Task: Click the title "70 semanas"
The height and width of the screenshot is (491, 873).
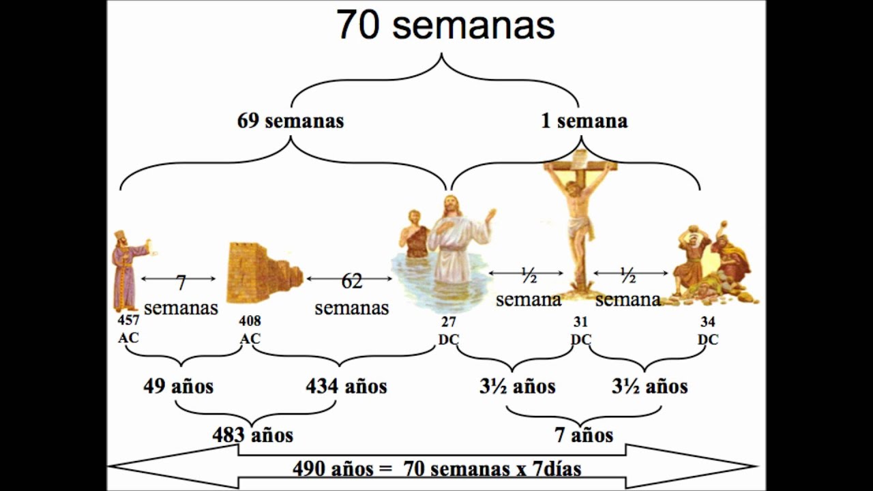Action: (445, 26)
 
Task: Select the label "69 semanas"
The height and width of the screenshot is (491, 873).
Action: (291, 121)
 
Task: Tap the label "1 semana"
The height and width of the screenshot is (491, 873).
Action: (584, 121)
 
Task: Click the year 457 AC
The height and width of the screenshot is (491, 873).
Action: (128, 329)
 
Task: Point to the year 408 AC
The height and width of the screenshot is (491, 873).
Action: (250, 329)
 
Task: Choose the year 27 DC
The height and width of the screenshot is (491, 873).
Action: (449, 331)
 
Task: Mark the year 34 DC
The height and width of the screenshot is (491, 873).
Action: (708, 331)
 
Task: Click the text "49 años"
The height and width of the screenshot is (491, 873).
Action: (178, 387)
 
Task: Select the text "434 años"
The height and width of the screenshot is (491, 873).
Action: (346, 387)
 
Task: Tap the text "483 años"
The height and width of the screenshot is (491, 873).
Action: (252, 434)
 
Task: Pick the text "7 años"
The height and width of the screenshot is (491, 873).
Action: (584, 434)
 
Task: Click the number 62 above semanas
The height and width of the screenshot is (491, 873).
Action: (351, 281)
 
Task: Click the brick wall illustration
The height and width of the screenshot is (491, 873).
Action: (263, 271)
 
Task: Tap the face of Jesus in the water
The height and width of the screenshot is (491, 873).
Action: (451, 206)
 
